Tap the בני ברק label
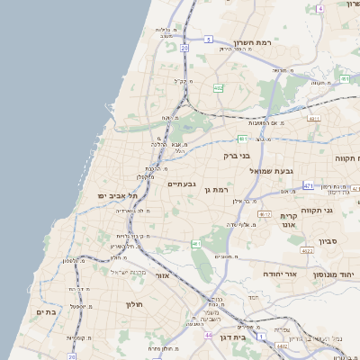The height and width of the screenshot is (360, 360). (x=238, y=156)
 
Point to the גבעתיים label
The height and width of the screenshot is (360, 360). (x=181, y=184)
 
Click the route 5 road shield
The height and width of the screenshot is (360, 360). (x=208, y=40)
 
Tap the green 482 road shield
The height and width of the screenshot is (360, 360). (x=219, y=88)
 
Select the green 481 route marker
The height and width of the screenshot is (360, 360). (x=242, y=139)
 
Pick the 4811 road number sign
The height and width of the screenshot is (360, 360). (x=314, y=118)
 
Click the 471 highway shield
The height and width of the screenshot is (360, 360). (x=308, y=185)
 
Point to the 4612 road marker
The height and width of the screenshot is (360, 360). (x=264, y=213)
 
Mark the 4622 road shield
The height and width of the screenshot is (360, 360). (x=307, y=251)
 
